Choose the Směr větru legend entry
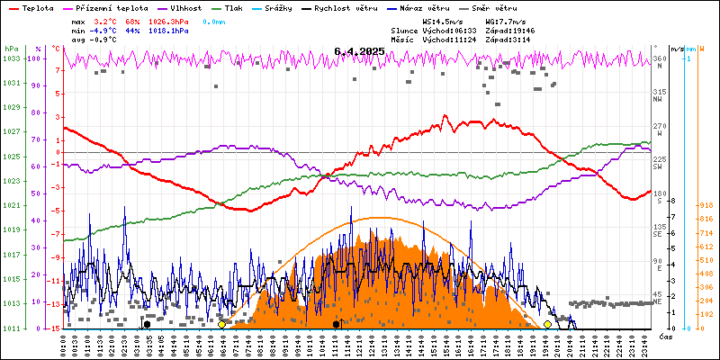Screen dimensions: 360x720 tap(493, 7)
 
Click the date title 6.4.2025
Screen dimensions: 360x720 tap(358, 52)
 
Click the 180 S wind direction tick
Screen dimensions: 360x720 tap(659, 194)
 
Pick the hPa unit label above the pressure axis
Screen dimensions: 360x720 tap(11, 48)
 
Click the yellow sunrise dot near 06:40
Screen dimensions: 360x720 tap(221, 324)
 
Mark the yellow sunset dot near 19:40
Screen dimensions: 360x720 tap(547, 324)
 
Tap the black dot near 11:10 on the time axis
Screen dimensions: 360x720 tap(336, 324)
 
